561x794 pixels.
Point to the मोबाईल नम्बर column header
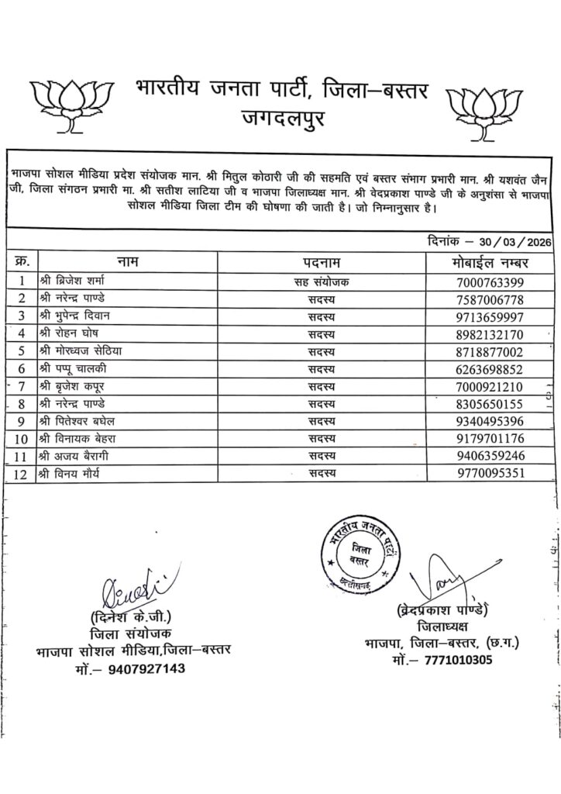pos(491,261)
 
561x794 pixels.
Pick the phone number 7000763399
pos(491,281)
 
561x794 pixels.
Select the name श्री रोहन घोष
pos(70,334)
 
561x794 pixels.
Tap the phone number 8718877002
pos(491,351)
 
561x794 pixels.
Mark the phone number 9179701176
pos(491,438)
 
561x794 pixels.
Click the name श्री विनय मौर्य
pos(73,473)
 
